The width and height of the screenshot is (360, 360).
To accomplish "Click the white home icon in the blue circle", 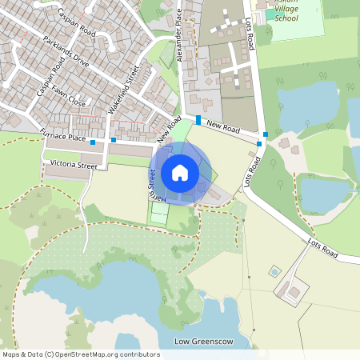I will [180, 172].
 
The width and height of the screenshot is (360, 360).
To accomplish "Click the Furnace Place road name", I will [64, 138].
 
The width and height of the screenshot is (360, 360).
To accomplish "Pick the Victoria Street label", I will [73, 166].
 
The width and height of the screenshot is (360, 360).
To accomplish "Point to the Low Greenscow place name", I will [203, 342].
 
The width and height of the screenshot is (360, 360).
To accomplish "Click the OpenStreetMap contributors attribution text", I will [80, 354].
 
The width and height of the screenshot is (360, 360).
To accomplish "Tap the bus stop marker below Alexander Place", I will [198, 119].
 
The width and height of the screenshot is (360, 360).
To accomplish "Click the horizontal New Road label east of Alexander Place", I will [223, 126].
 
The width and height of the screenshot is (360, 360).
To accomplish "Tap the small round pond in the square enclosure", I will [275, 272].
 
